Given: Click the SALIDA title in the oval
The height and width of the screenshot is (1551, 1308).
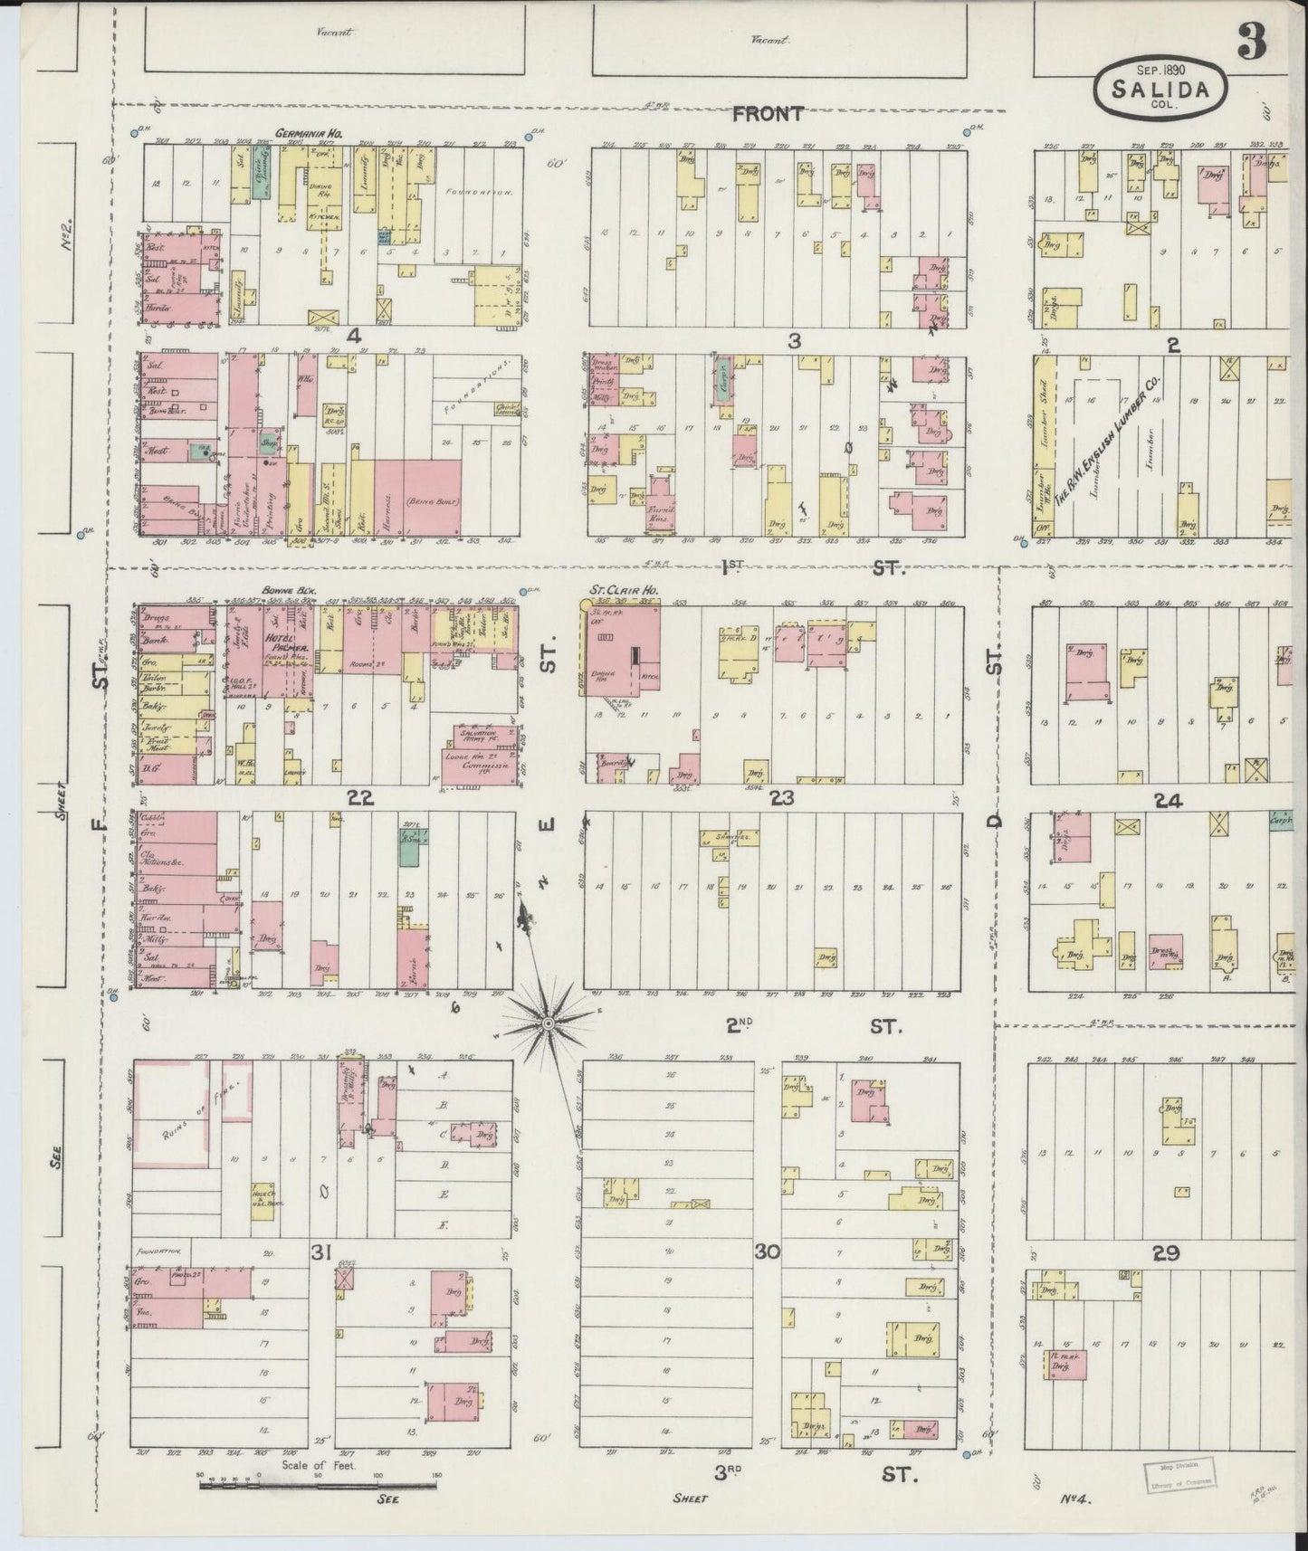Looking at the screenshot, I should (1162, 90).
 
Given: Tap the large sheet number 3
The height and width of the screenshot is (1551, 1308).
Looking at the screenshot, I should (1253, 40).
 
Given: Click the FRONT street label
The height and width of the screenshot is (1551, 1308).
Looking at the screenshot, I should (768, 114).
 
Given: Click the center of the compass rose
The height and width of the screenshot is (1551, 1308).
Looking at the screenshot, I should (548, 1023).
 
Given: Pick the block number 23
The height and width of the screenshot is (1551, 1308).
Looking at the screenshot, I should (781, 797).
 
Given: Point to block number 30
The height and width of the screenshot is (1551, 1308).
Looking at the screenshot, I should (768, 1252).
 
